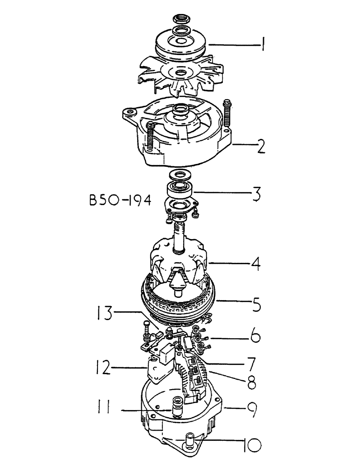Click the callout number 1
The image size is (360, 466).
264,45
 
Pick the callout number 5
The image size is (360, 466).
256,306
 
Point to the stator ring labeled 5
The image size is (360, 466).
180,303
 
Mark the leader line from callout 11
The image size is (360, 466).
145,410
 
